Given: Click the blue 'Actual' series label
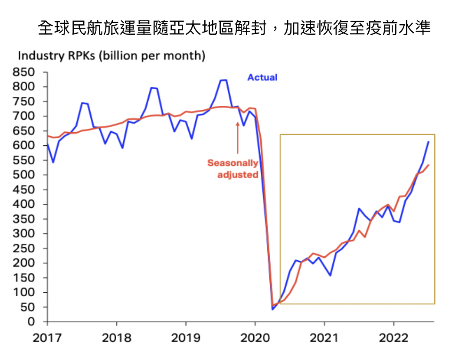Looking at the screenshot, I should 262,78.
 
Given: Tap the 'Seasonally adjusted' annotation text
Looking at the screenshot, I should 233,169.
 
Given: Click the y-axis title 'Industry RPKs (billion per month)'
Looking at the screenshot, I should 111,56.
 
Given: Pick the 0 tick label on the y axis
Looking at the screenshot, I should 31,322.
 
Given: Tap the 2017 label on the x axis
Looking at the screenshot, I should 47,338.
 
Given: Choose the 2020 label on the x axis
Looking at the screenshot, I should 255,338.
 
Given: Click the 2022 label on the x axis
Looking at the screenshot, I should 393,338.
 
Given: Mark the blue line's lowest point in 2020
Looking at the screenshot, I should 272,309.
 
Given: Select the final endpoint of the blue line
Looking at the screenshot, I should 429,142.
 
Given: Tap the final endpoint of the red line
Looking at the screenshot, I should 429,165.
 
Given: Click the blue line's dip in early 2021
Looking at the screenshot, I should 330,275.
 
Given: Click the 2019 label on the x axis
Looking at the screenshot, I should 186,338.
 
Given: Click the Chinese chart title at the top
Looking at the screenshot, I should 234,28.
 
